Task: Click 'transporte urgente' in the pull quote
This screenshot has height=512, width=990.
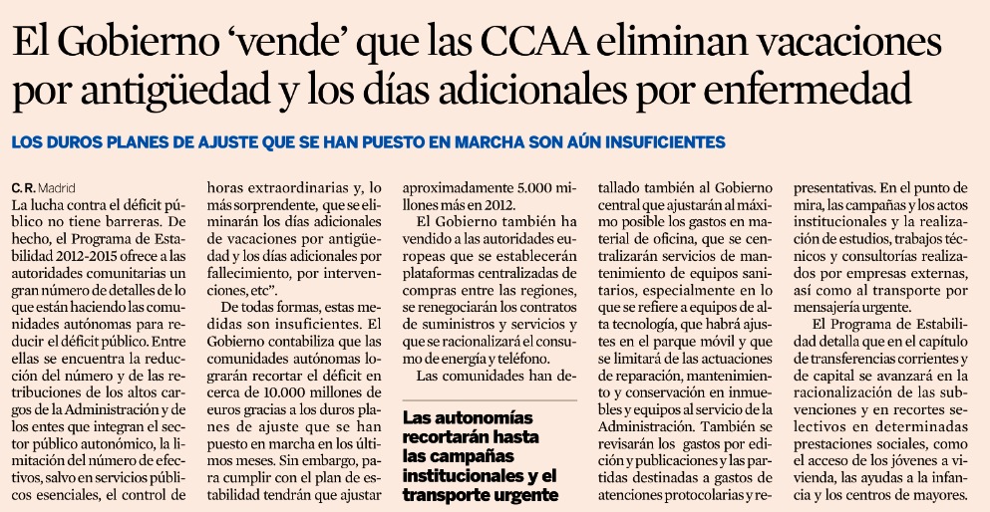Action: point(480,495)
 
